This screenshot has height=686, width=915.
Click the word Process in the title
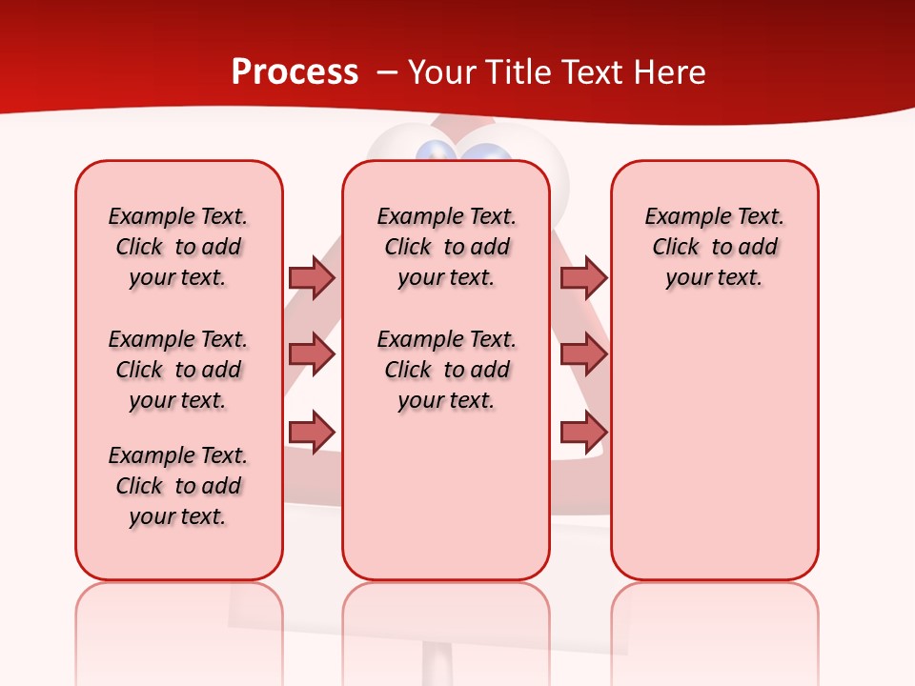295,72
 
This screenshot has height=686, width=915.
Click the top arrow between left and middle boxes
312,277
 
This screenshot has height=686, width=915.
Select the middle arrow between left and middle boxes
312,354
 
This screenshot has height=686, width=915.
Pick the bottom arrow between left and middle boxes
312,432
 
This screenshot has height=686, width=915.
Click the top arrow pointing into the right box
583,277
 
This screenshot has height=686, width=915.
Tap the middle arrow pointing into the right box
583,354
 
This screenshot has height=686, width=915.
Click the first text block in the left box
178,247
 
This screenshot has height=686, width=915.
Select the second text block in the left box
178,370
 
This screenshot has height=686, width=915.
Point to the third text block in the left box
178,486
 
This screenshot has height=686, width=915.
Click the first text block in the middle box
446,247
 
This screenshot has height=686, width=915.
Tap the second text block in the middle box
446,370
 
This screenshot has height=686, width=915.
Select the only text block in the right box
714,247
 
